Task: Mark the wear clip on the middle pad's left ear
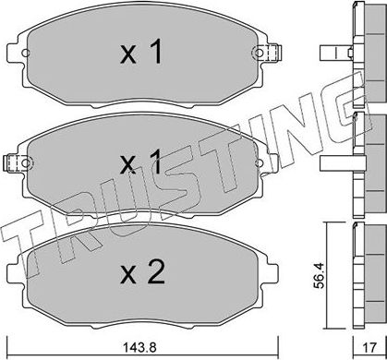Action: click(x=11, y=164)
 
